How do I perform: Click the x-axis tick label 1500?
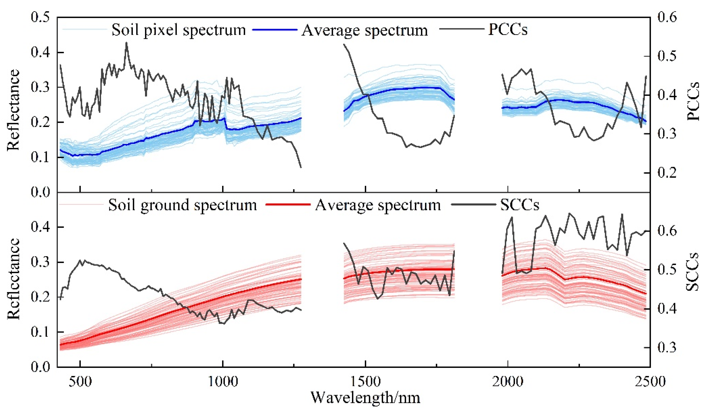[x=365, y=382]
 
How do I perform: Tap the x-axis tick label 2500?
[x=650, y=382]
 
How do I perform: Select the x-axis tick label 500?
[x=80, y=382]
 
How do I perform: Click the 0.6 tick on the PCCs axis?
[x=667, y=17]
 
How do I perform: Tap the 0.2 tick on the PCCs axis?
[x=667, y=172]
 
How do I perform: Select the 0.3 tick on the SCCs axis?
[x=667, y=348]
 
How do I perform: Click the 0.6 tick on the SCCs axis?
[x=667, y=231]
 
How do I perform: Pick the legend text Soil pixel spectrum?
[x=178, y=30]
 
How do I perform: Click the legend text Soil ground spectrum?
[x=182, y=205]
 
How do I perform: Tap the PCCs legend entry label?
[x=507, y=30]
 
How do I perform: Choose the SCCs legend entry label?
[x=520, y=205]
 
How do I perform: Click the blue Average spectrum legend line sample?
[x=275, y=30]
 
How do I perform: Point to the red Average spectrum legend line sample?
[x=288, y=205]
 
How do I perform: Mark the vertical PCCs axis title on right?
[x=693, y=101]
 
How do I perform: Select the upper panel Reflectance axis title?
[x=13, y=110]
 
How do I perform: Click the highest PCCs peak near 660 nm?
[x=126, y=43]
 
